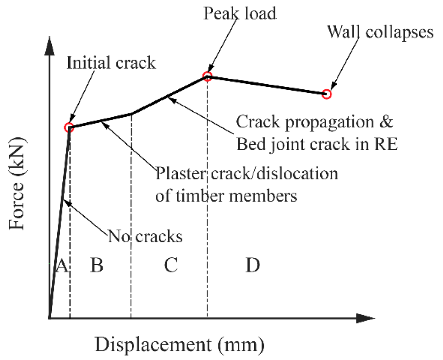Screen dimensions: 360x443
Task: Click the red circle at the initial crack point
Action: coord(69,127)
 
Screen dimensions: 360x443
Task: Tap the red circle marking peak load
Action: coord(207,76)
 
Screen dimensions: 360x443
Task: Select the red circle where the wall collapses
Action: coord(326,94)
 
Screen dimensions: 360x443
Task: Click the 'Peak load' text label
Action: coord(240,14)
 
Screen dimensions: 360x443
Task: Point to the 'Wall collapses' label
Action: coord(380,33)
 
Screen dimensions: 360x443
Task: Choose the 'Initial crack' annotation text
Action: coord(111,63)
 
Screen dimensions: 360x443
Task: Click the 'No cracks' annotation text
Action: coord(145,236)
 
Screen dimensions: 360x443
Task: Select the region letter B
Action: coord(96,265)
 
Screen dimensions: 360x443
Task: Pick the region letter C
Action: coord(170,265)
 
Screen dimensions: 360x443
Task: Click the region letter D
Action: coord(252,265)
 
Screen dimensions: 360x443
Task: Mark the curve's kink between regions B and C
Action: coord(131,114)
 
